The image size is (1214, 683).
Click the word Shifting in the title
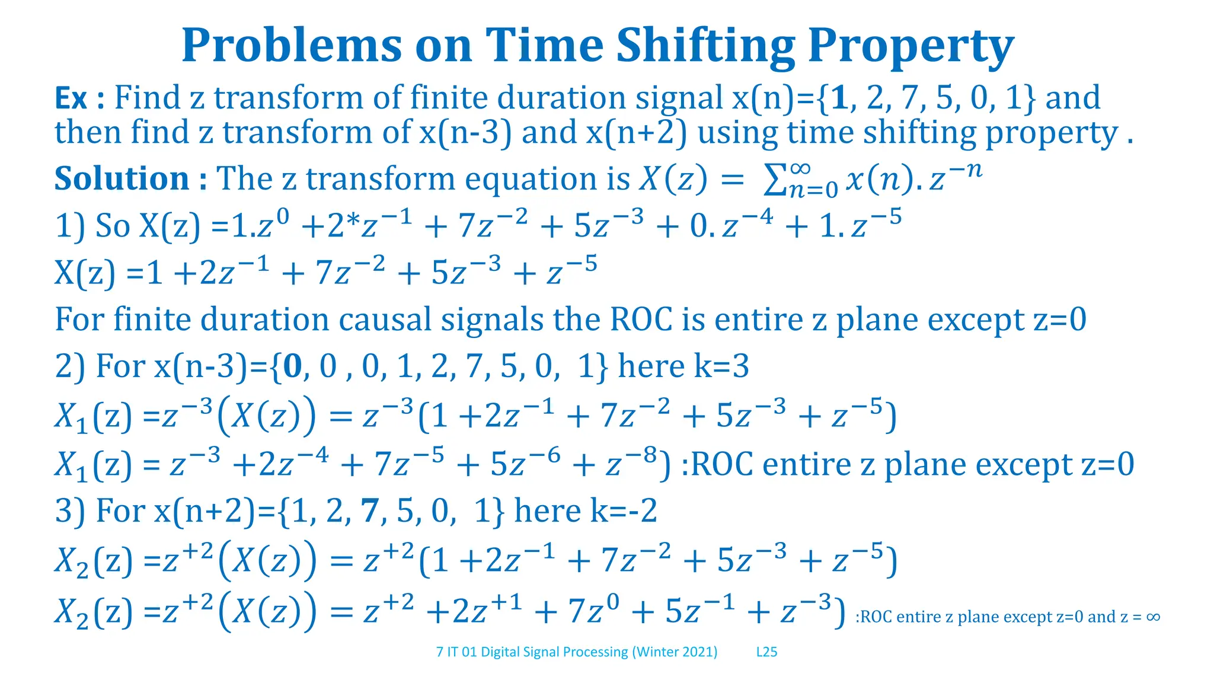(x=705, y=46)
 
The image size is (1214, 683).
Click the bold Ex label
(x=71, y=98)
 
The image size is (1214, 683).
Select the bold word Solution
(x=122, y=178)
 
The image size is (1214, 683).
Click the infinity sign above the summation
(x=800, y=168)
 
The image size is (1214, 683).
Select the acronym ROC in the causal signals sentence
(x=641, y=320)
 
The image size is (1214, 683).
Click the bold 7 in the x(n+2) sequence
(x=370, y=511)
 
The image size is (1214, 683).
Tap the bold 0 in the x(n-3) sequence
(x=293, y=366)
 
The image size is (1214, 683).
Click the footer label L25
(x=766, y=652)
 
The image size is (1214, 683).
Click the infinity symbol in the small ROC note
(x=1153, y=617)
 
